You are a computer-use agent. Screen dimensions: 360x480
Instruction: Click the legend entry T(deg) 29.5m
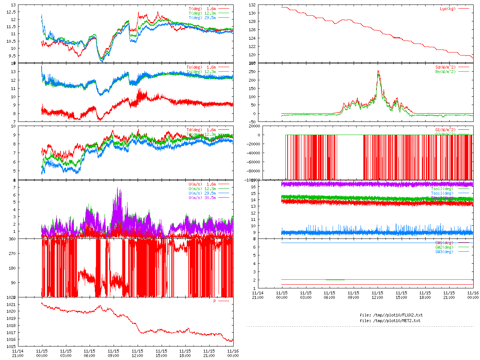coord(202,18)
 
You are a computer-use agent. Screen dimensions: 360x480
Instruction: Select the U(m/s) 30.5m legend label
coord(202,198)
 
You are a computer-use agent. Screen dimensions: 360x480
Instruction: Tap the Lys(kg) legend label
coord(448,9)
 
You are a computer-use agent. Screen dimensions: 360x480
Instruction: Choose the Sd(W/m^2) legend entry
coord(445,67)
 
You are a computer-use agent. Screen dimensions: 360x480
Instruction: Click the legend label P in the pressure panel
coord(215,301)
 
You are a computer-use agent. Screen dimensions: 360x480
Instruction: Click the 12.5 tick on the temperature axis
coord(11,12)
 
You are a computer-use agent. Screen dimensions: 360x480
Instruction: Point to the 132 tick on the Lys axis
coord(252,5)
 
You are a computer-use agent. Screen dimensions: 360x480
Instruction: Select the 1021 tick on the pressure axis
coord(11,304)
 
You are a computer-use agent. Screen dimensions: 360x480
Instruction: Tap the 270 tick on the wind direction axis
coord(12,253)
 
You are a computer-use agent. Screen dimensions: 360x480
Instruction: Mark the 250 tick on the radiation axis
coord(252,72)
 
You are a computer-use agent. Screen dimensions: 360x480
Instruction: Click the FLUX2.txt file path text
coord(391,315)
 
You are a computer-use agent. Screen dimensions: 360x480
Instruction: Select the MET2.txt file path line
coord(390,321)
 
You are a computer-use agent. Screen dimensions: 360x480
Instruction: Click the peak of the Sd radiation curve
coord(378,70)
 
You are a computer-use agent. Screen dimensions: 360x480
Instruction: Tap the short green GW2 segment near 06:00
coord(335,280)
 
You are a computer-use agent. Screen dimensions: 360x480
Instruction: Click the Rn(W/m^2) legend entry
coord(445,72)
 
